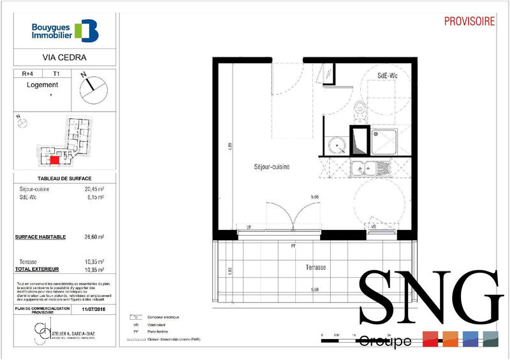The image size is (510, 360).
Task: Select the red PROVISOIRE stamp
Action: tap(470, 21)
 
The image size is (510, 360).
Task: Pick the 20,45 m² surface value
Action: tap(94, 189)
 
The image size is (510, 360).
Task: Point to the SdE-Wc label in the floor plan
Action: tap(388, 75)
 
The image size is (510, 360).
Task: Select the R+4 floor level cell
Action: tap(28, 74)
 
